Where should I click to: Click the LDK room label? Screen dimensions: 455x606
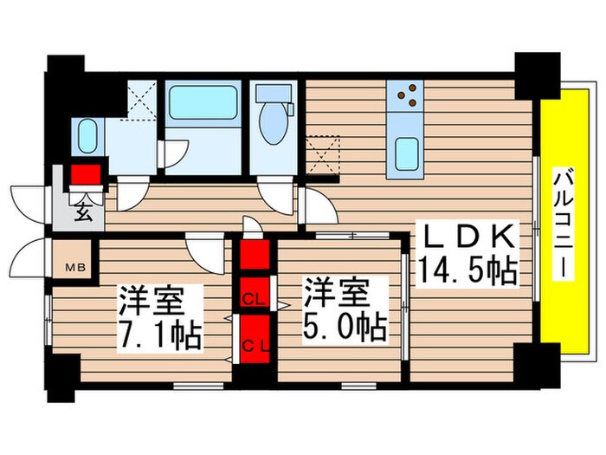468,236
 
